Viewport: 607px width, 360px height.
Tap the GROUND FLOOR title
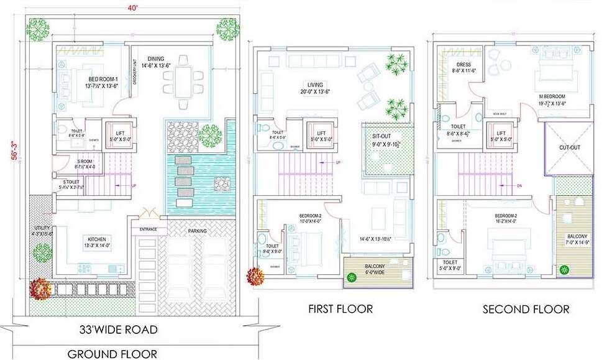tap(112, 354)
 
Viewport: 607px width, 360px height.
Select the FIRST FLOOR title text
tap(340, 308)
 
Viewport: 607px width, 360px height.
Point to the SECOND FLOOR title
tap(526, 308)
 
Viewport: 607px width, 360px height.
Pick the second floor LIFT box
tap(500, 136)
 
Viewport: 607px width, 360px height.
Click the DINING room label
tap(152, 62)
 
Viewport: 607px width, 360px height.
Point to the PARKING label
tap(197, 231)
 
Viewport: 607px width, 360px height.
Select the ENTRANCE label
tap(148, 229)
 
